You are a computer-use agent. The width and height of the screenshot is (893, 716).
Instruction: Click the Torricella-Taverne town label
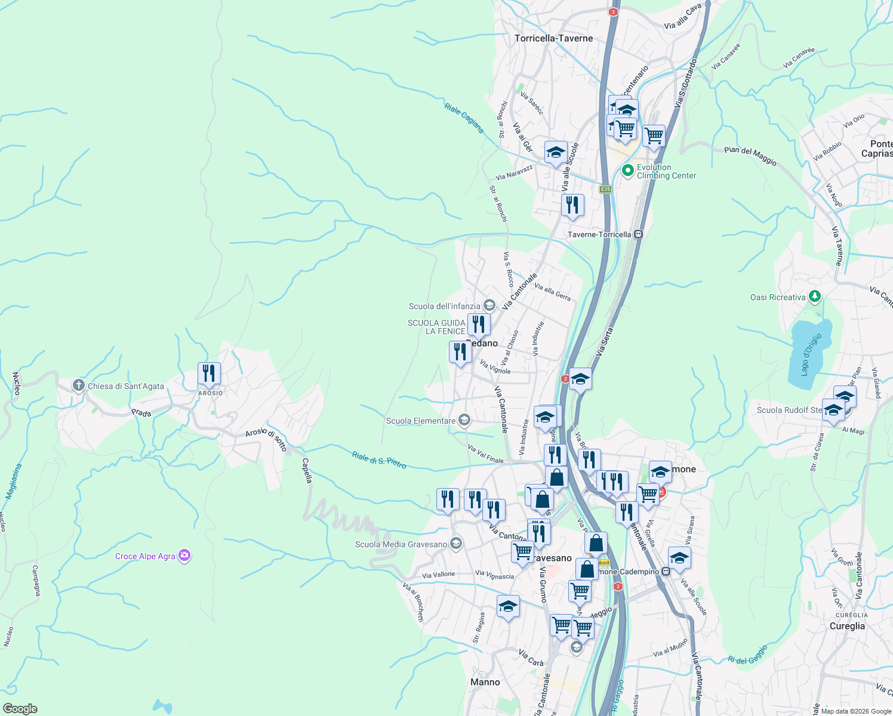553,38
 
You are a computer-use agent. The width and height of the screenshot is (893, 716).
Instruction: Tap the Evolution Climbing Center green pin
627,171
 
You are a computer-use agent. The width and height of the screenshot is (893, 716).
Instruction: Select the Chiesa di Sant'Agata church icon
78,385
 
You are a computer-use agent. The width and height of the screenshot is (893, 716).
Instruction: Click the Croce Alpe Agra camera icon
184,555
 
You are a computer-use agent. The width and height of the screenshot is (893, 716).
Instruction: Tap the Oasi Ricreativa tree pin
815,297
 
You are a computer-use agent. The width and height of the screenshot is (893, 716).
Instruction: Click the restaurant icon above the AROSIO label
209,374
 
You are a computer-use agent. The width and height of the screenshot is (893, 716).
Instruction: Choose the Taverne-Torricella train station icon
639,234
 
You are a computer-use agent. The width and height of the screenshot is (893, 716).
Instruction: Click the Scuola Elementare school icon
464,421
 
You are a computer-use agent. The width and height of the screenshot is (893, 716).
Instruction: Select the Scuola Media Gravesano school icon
456,544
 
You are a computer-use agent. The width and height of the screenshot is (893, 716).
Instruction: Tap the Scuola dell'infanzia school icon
489,306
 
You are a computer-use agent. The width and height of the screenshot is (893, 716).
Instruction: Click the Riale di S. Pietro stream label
379,459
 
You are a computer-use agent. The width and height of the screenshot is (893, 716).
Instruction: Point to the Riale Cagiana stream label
464,118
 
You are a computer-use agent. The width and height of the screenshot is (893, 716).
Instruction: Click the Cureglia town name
847,626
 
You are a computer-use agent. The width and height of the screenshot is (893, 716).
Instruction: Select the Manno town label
485,682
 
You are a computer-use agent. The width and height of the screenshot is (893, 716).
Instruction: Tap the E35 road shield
605,189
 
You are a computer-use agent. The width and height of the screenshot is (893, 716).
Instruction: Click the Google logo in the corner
20,708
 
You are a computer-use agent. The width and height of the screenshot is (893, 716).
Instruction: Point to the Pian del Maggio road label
750,156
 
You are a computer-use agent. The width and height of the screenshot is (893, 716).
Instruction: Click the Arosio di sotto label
266,440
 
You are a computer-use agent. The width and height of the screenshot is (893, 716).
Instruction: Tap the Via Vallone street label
438,575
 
